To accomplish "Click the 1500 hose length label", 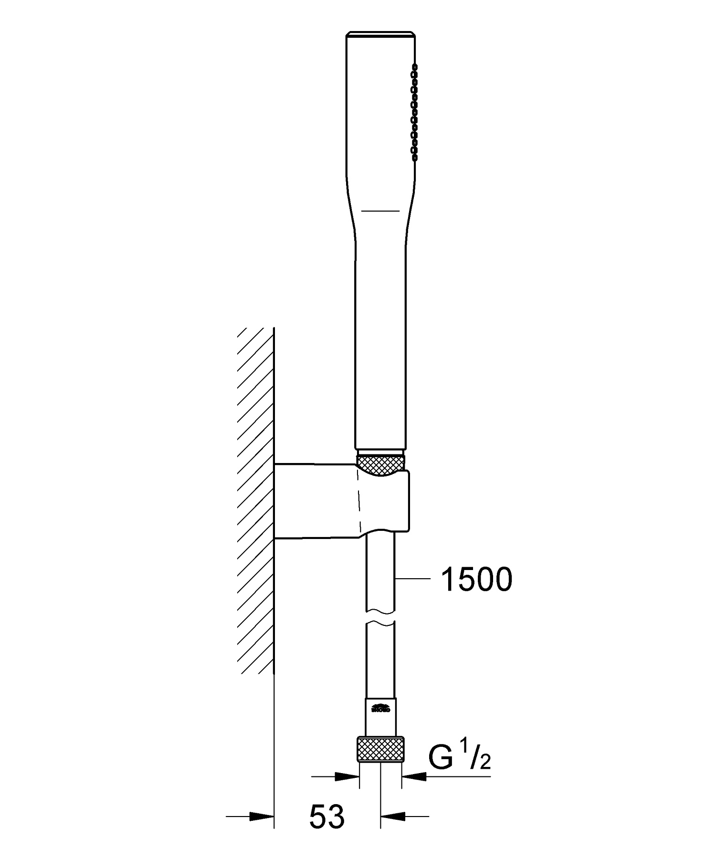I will (476, 580).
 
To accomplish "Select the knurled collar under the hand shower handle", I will (380, 464).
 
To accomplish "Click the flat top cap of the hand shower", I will (380, 34).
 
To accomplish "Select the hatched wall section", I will (256, 497).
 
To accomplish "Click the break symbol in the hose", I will (380, 616).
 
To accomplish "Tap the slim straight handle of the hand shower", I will (380, 344).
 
